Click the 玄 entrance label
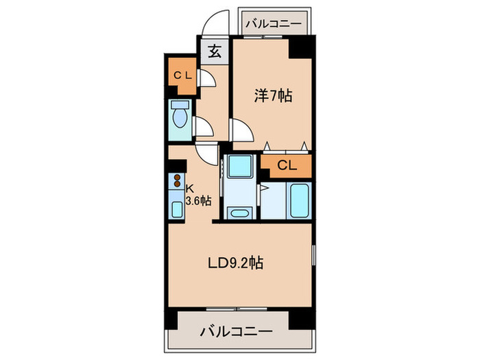[x=213, y=50]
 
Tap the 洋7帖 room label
[x=274, y=97]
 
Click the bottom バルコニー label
[x=236, y=332]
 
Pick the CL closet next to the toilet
[x=182, y=75]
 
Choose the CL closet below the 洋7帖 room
[x=287, y=165]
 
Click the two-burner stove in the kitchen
[x=177, y=182]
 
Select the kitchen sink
[x=177, y=206]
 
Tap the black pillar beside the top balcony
[x=301, y=49]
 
